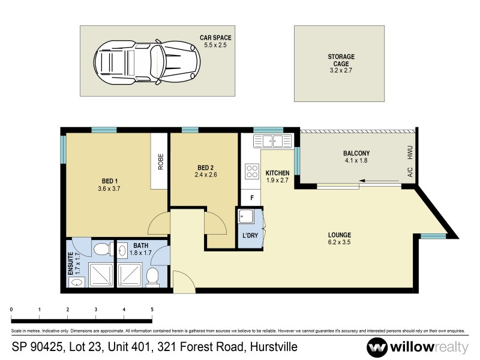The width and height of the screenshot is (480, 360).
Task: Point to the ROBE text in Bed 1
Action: tap(161, 164)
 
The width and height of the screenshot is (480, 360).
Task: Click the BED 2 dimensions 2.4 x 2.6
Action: tap(206, 175)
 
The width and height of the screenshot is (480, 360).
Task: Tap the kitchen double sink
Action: tap(272, 141)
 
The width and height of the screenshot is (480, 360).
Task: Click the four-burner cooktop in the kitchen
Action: tap(251, 172)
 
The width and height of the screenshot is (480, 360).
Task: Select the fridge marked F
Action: tap(252, 197)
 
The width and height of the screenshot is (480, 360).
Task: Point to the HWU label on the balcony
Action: tap(410, 152)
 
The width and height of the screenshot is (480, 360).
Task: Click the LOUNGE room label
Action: tap(339, 235)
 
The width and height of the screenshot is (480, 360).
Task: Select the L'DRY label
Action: tap(250, 236)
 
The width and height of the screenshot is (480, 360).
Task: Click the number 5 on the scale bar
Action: tap(152, 310)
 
